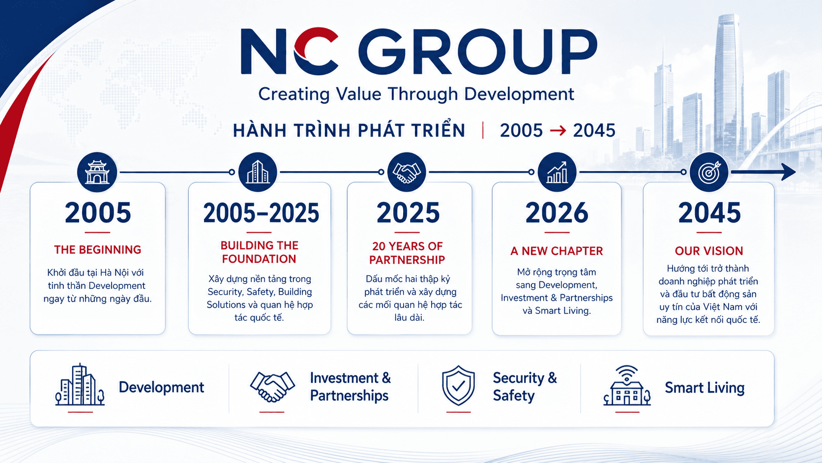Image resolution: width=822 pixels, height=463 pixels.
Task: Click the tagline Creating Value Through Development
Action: (416, 94)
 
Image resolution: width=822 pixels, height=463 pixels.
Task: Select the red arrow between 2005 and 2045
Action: (558, 130)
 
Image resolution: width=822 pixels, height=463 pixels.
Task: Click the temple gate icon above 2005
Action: (97, 172)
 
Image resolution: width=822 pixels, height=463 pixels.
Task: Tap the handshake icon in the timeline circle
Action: (407, 172)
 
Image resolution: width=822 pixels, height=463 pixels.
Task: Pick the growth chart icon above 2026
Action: (557, 172)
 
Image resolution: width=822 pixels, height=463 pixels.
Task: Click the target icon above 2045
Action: (709, 172)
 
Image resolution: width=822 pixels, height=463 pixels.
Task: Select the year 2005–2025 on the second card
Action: (261, 213)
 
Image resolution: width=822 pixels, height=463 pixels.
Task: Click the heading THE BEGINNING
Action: (98, 249)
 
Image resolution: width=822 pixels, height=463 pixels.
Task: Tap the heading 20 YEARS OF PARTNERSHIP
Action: (407, 253)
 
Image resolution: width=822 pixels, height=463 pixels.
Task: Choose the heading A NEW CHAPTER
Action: (557, 251)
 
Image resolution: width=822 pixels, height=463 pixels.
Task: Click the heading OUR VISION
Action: (709, 251)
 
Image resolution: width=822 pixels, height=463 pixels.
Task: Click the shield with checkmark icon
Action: (458, 385)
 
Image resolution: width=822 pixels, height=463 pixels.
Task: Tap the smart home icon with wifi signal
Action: (627, 385)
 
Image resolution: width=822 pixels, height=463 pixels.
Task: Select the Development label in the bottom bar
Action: (161, 388)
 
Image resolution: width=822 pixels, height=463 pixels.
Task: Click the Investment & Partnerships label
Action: (351, 387)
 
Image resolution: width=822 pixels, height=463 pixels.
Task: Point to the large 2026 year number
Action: (557, 213)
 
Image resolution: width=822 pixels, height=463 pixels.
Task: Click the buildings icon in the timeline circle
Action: (258, 172)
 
